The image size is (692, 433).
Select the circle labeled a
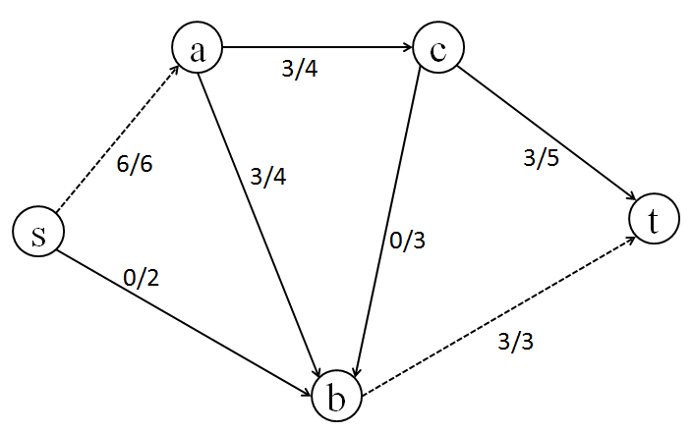(198, 49)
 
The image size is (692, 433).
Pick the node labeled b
(337, 398)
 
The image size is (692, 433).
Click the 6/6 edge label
(134, 163)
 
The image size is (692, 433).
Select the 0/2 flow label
(141, 278)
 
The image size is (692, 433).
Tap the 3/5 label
(540, 158)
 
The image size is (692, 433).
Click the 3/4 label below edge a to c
(299, 71)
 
